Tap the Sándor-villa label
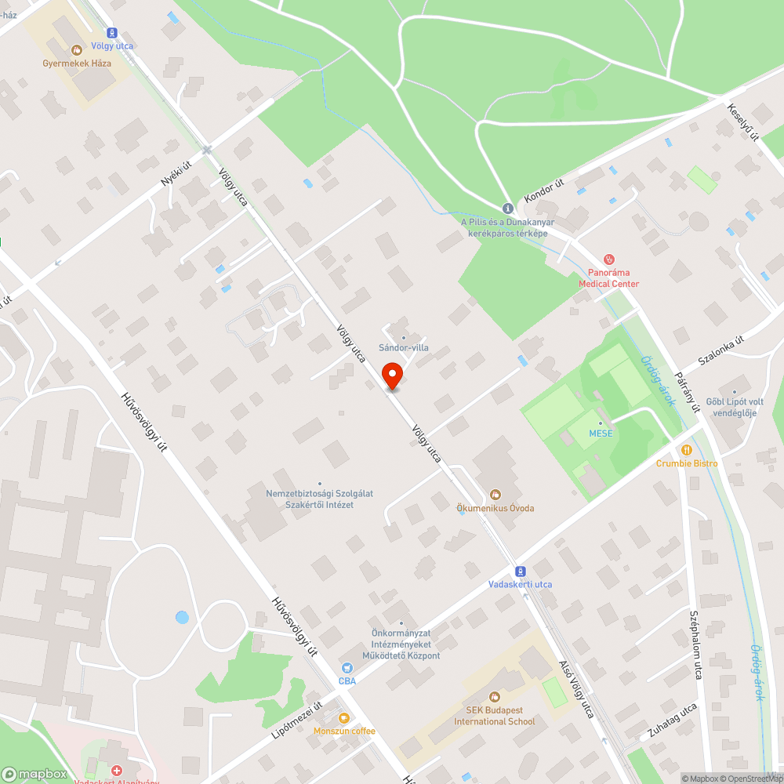click(404, 347)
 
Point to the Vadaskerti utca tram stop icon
click(520, 571)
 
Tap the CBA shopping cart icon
click(347, 667)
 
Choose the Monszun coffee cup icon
click(343, 717)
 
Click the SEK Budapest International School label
click(495, 716)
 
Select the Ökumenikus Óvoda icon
click(495, 494)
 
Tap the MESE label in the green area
click(601, 434)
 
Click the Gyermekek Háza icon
click(77, 49)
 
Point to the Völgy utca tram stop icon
click(112, 33)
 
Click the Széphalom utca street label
click(695, 645)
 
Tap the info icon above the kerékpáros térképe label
click(508, 208)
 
